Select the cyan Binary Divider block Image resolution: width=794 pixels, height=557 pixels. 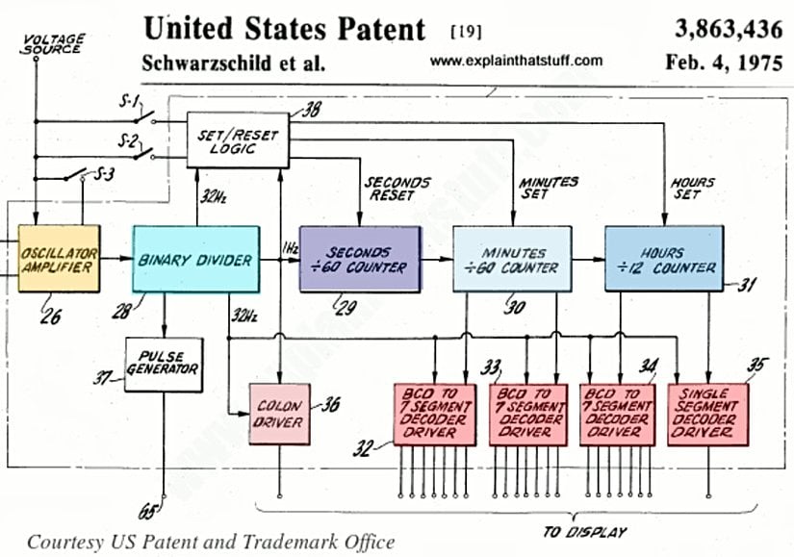point(195,259)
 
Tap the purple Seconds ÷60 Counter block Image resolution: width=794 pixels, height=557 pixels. point(360,259)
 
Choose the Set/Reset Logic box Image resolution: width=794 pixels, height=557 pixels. point(239,137)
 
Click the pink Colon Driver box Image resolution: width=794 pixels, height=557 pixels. point(279,415)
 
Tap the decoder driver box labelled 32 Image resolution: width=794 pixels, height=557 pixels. point(435,414)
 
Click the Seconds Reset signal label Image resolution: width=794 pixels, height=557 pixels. point(396,189)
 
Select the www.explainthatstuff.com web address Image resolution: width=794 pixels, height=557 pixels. point(517,62)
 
